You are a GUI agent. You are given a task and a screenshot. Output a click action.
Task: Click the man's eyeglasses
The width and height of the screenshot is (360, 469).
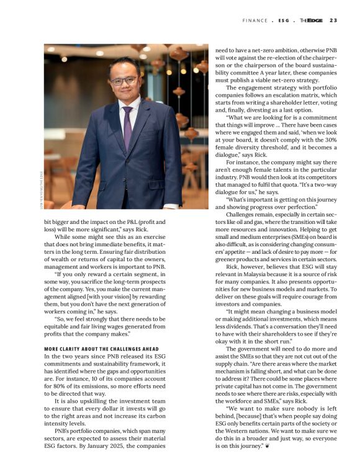125,80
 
